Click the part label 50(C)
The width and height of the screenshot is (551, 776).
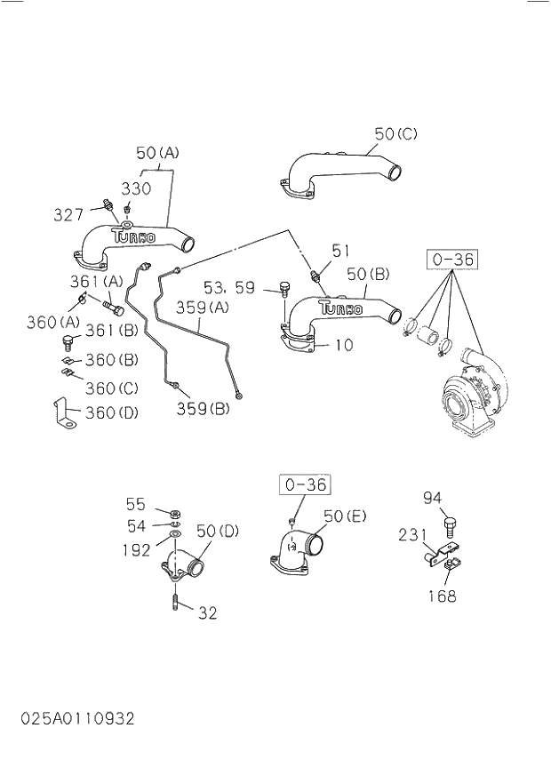(x=395, y=134)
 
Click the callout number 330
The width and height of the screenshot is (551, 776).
(x=136, y=188)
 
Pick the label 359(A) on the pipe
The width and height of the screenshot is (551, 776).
(x=203, y=308)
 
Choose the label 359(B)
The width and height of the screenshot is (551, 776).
(x=202, y=409)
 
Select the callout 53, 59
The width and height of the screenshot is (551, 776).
(x=228, y=287)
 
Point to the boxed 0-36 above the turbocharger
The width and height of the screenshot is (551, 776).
(x=452, y=260)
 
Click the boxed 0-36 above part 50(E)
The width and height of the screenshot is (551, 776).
(x=304, y=484)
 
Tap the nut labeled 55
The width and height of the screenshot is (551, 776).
(x=175, y=513)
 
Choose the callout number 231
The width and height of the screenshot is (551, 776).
(x=412, y=535)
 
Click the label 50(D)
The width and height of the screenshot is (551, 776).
(x=218, y=532)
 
